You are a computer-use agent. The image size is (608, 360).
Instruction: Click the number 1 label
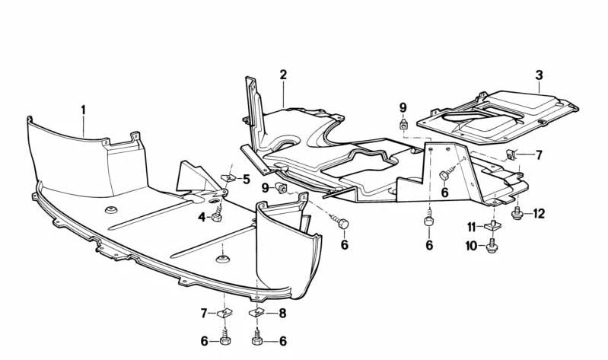pos(83,110)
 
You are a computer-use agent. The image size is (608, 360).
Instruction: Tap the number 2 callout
pos(283,75)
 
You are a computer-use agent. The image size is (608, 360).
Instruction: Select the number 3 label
pos(539,75)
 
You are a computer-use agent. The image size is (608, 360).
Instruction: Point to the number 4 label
pos(202,217)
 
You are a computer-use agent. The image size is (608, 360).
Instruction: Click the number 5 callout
pos(247,180)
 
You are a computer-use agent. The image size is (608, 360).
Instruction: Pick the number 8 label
pos(282,313)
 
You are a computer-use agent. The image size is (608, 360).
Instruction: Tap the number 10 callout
pos(472,246)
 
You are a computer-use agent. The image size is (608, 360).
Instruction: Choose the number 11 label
pos(472,227)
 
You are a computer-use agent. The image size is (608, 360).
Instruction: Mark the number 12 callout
pos(539,213)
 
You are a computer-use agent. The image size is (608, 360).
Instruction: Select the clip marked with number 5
pos(229,178)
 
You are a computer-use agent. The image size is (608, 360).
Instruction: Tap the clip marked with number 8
pos(256,312)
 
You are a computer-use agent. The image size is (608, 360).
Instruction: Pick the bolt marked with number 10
pos(492,245)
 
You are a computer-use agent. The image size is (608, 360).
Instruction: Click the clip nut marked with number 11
pos(492,226)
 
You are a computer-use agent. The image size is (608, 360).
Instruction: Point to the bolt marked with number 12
pos(517,213)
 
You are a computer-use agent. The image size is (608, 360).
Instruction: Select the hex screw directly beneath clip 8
pos(256,337)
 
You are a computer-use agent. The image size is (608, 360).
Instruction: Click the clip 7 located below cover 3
pos(511,155)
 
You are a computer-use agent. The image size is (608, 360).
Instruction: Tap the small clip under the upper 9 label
pos(403,124)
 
